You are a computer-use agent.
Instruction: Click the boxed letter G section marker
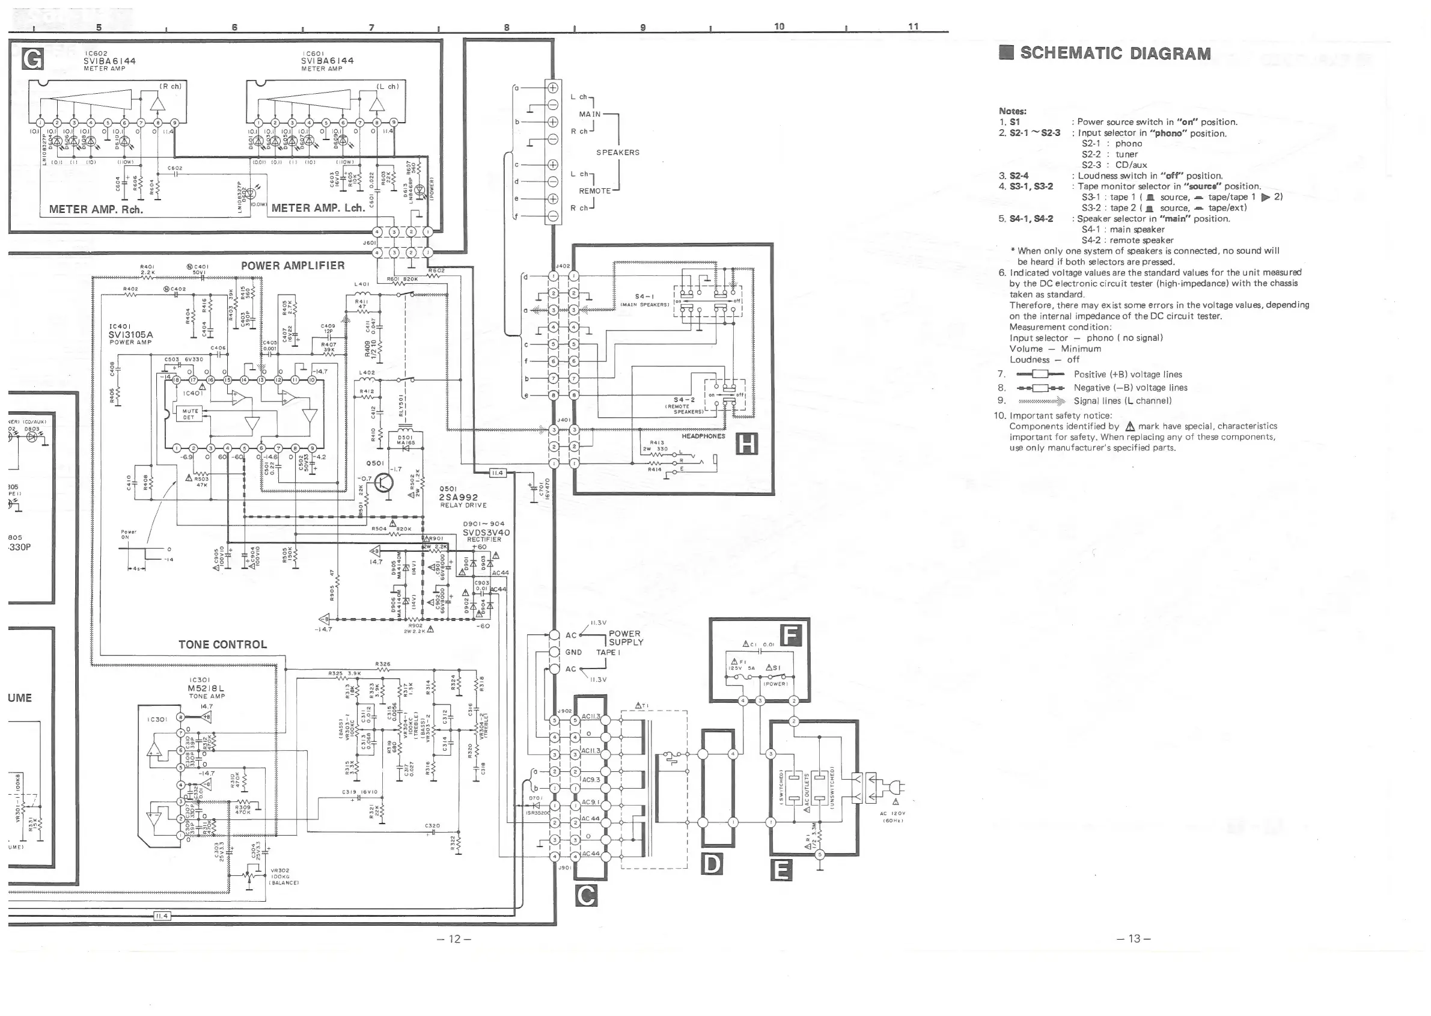click(32, 58)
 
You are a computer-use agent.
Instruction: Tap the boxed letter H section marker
click(748, 444)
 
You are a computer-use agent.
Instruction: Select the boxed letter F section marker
click(791, 635)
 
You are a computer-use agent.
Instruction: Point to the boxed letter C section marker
click(585, 896)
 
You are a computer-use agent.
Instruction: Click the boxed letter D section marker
click(712, 864)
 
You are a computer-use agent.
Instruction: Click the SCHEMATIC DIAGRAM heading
click(1114, 54)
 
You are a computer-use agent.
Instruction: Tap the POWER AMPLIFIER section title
click(293, 266)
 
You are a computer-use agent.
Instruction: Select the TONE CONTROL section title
click(222, 644)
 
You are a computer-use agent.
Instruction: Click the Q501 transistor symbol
click(384, 483)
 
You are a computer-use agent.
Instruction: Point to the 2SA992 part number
click(459, 497)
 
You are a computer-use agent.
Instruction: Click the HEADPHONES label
click(703, 436)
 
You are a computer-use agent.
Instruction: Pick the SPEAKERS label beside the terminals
click(618, 153)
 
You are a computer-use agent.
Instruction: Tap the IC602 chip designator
click(96, 53)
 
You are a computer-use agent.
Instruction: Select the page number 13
click(1134, 938)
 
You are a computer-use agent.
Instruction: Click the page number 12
click(455, 939)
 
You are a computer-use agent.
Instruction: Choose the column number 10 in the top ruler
click(779, 26)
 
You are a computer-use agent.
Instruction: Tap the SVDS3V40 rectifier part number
click(486, 533)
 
